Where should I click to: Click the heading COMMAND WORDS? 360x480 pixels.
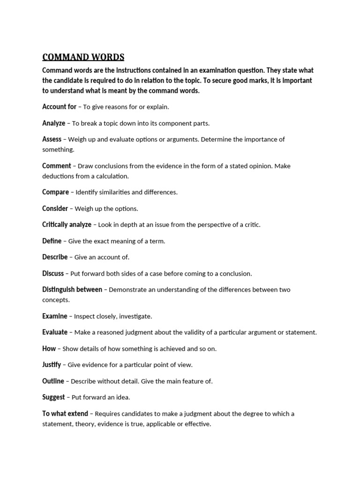tap(83, 57)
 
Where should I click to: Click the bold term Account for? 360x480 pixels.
tap(59, 107)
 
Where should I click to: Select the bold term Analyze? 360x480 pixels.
tap(53, 123)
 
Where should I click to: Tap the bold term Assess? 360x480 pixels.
tap(52, 139)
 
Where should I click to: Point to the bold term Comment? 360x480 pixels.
tap(57, 166)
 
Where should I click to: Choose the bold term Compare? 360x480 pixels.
tap(55, 192)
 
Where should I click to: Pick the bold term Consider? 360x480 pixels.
tap(55, 209)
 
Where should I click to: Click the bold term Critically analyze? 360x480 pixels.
tap(67, 225)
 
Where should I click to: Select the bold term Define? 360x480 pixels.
tap(52, 241)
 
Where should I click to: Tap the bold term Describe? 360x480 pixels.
tap(55, 257)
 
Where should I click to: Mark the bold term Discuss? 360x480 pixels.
tap(52, 273)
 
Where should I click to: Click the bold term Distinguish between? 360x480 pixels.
tap(72, 290)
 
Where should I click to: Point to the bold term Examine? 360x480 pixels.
tap(54, 316)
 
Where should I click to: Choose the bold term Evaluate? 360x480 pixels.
tap(55, 332)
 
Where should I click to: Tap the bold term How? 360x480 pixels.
tap(49, 349)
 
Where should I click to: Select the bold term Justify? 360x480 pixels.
tap(52, 365)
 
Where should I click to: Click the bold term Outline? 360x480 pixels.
tap(53, 381)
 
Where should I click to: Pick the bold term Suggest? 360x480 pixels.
tap(53, 397)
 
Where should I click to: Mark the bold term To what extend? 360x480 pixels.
tap(65, 413)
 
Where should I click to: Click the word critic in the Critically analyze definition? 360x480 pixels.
tap(251, 225)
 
